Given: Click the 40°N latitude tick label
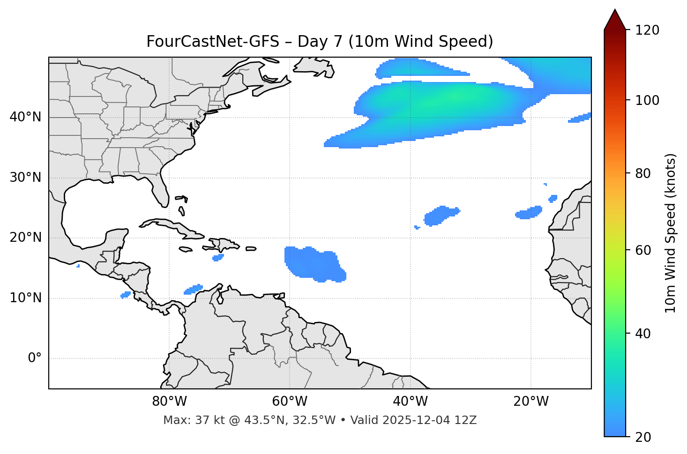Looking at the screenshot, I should (x=25, y=117).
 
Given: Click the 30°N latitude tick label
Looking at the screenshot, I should (x=25, y=178).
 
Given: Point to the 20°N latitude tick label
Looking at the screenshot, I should (x=25, y=238).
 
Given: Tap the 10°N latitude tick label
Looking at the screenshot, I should (x=25, y=298).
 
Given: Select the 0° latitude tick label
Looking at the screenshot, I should (x=35, y=358).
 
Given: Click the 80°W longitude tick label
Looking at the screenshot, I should (x=169, y=402).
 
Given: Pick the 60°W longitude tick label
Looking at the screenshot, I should (x=290, y=402).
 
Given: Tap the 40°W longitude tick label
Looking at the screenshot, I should (x=410, y=402).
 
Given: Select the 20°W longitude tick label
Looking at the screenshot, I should (x=531, y=402).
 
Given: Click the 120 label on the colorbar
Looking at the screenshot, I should (x=647, y=30).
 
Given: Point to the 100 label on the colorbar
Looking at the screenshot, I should (x=647, y=100).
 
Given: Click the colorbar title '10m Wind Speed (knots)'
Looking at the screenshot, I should (x=671, y=233).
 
